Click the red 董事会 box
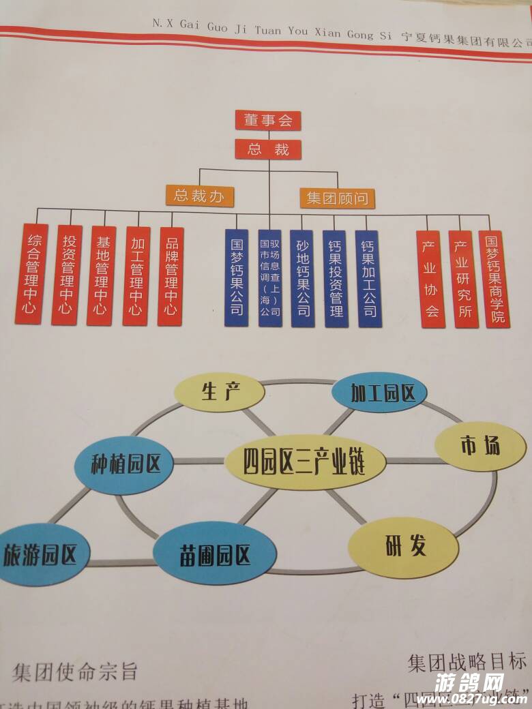pos(268,121)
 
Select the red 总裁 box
pos(268,149)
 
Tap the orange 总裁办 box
pos(200,196)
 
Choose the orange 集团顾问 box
pos(337,198)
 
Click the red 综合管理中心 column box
pos(32,274)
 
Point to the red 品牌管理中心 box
pos(171,276)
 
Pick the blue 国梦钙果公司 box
pos(237,277)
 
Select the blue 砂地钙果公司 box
pos(302,278)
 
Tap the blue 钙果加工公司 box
pos(368,279)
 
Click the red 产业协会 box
pos(432,280)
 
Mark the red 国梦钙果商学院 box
pos(494,280)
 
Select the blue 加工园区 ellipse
pos(379,393)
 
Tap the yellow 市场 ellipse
pos(480,446)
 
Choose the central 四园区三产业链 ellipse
pos(304,462)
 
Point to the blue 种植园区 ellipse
pos(125,465)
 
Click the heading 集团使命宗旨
pos(75,672)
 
